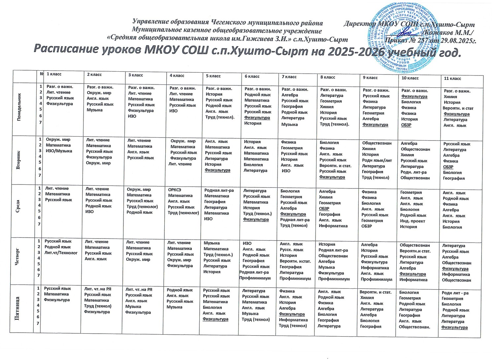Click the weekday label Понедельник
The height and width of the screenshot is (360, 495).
(19, 107)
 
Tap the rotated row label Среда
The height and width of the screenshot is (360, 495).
(18, 207)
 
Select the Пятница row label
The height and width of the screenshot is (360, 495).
(18, 309)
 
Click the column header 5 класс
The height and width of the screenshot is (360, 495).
(213, 76)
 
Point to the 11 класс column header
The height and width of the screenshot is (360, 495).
(452, 79)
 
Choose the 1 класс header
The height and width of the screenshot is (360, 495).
(54, 74)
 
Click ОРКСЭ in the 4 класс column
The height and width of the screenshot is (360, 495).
(175, 190)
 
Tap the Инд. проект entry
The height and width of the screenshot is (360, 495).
(412, 221)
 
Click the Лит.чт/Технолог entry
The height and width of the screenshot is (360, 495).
(61, 253)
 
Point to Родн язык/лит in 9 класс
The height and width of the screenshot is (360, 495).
(377, 160)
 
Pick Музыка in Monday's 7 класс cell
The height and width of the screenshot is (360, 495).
(289, 124)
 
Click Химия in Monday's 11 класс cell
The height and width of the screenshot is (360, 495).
(450, 97)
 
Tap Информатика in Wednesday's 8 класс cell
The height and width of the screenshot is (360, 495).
(333, 226)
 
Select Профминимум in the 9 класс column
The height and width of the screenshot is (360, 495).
(377, 279)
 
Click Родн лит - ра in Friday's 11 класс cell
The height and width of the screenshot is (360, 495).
(455, 293)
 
